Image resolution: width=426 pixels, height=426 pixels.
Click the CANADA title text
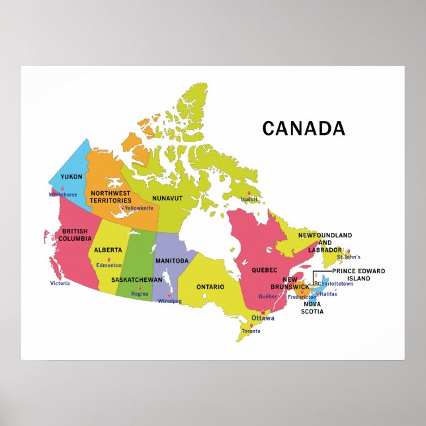pyautogui.click(x=303, y=128)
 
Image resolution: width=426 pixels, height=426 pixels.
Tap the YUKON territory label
pyautogui.click(x=71, y=177)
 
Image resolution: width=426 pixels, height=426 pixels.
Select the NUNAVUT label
pyautogui.click(x=167, y=198)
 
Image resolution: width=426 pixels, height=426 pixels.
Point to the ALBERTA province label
pyautogui.click(x=108, y=250)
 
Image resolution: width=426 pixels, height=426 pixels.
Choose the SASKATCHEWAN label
pyautogui.click(x=136, y=280)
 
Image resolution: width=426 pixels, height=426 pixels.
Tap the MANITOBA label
pyautogui.click(x=172, y=261)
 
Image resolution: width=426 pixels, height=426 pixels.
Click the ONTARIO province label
pyautogui.click(x=210, y=287)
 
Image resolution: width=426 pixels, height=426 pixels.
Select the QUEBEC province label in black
pyautogui.click(x=264, y=270)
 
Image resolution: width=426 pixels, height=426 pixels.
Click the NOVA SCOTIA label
pyautogui.click(x=312, y=308)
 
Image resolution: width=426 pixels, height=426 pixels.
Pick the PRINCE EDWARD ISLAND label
pyautogui.click(x=360, y=275)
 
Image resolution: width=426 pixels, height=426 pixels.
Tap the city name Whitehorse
pyautogui.click(x=63, y=194)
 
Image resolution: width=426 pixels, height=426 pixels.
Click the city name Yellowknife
pyautogui.click(x=139, y=208)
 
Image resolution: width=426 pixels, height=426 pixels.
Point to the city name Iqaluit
pyautogui.click(x=249, y=198)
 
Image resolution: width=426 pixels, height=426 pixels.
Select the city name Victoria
pyautogui.click(x=60, y=283)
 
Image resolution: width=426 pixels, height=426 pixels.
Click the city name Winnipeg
pyautogui.click(x=170, y=301)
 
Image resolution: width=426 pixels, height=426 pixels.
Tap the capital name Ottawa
pyautogui.click(x=263, y=318)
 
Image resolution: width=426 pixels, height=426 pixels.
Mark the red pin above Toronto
pyautogui.click(x=251, y=325)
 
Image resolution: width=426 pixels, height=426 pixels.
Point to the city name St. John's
pyautogui.click(x=348, y=257)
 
